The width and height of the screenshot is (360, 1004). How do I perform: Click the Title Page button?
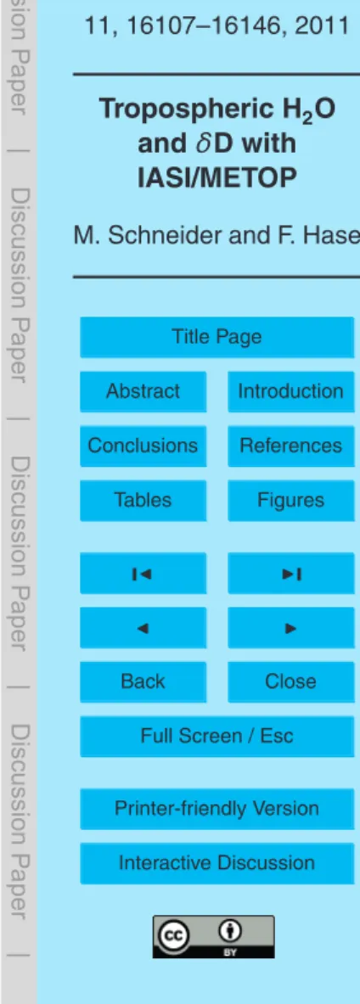pos(217,337)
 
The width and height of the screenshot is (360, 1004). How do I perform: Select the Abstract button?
pos(143,390)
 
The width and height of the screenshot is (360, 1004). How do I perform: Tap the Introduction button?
pos(290,390)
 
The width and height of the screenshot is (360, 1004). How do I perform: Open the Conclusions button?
pos(143,445)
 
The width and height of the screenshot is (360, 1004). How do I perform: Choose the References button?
pos(290,445)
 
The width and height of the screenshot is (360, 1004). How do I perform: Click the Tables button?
pos(143,499)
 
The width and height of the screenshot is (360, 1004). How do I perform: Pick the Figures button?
pos(290,499)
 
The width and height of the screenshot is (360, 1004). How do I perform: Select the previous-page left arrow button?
pos(143,627)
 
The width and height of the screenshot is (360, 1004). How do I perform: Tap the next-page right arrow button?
pos(290,627)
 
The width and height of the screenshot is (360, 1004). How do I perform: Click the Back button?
pos(143,681)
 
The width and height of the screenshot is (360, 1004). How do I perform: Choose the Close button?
pos(290,681)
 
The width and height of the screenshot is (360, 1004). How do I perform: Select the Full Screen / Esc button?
pos(217,736)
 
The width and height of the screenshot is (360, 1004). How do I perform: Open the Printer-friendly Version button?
pos(217,809)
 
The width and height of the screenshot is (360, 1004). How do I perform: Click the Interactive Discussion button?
pos(217,863)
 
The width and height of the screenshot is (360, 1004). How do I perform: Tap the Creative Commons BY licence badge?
pos(213,937)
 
